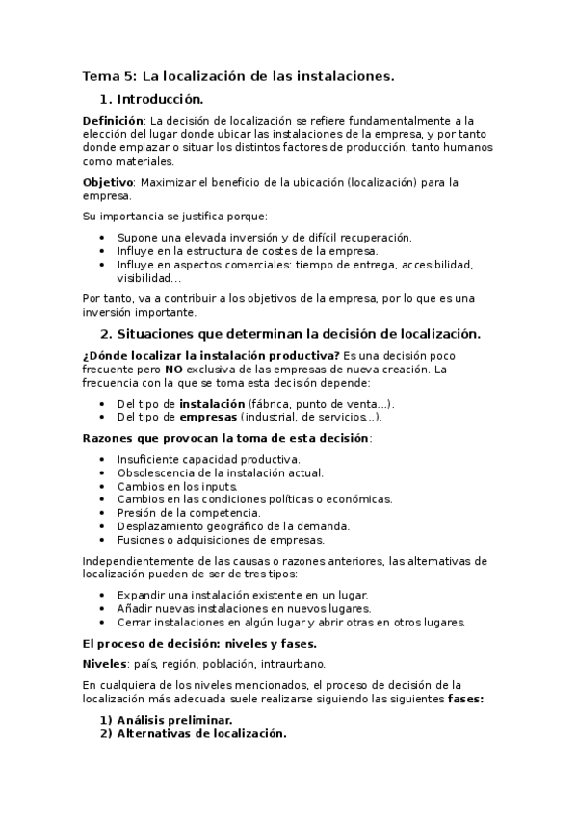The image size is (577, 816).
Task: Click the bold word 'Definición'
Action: click(x=115, y=121)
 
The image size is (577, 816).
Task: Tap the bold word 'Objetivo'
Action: click(x=106, y=181)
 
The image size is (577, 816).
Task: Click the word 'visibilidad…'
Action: click(x=148, y=278)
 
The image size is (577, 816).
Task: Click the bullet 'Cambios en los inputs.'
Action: click(x=176, y=486)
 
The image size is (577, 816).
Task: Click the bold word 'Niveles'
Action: click(x=106, y=664)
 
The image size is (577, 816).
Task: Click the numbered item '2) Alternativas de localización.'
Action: click(x=201, y=733)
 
